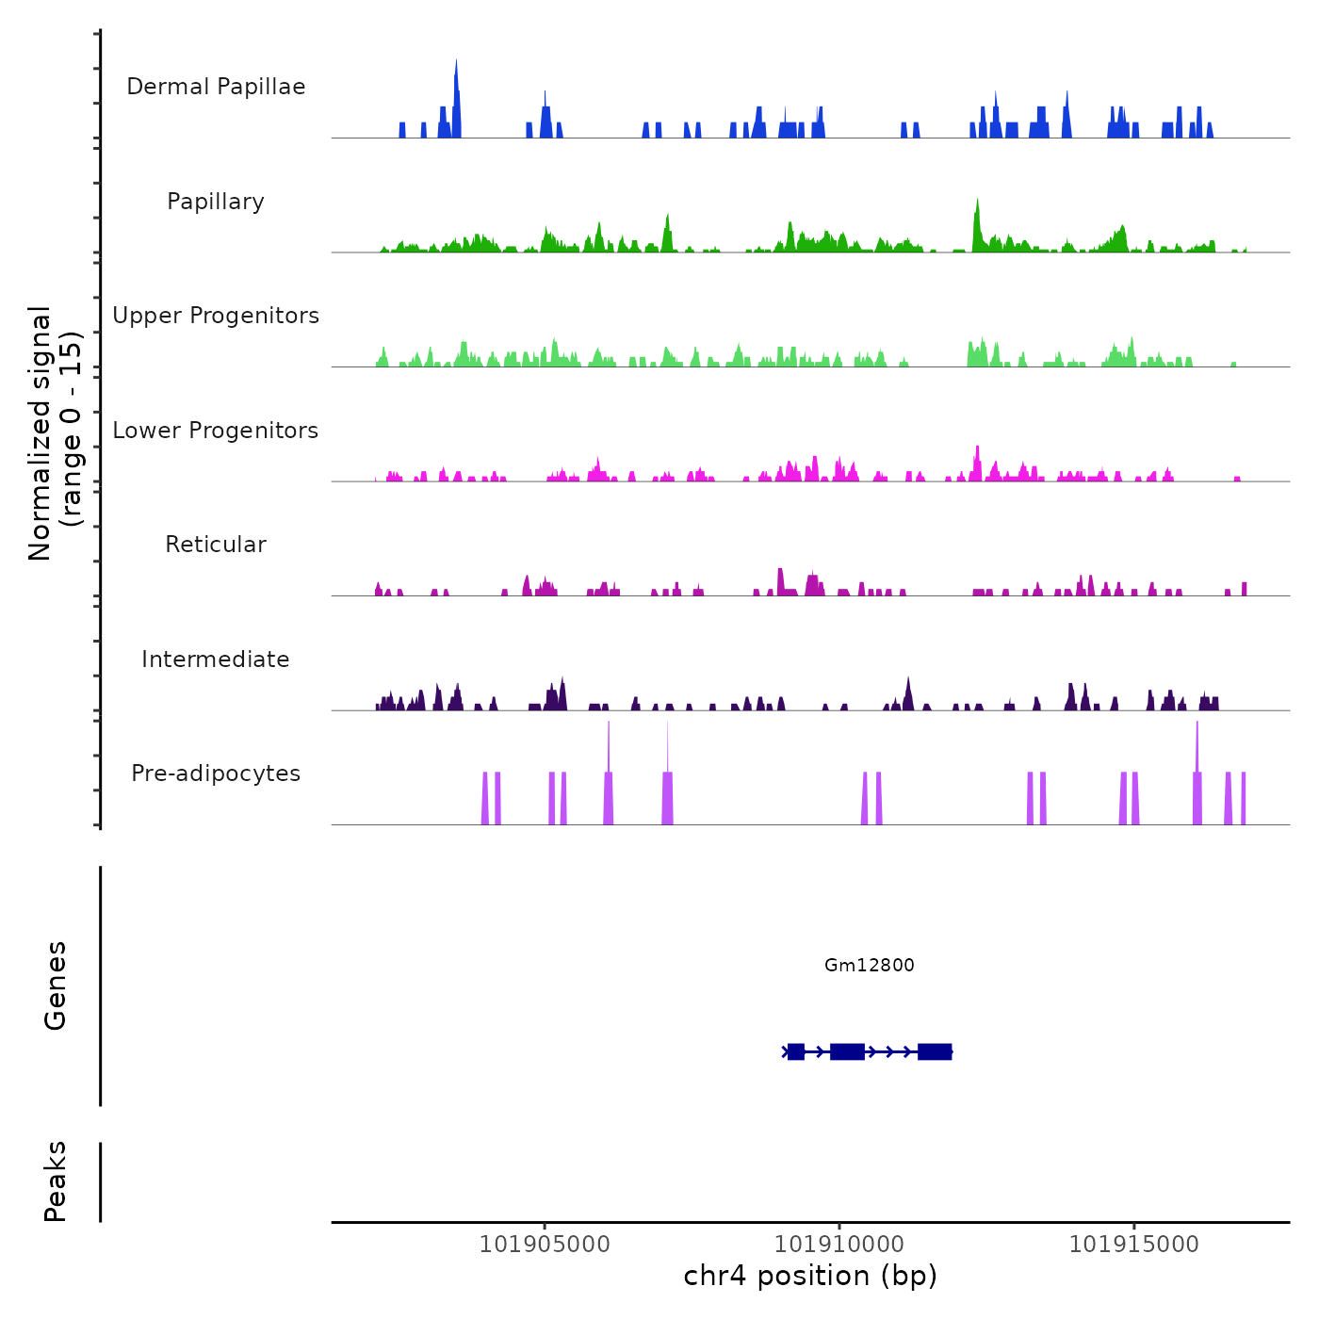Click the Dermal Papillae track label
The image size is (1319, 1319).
click(216, 87)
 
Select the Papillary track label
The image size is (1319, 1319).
click(216, 202)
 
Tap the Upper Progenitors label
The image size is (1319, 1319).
click(216, 316)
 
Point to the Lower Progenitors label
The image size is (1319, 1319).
click(216, 431)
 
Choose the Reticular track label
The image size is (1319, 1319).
click(216, 545)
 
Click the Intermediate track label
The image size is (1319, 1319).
click(216, 659)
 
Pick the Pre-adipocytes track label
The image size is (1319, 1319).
click(216, 773)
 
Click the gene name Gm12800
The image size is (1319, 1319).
click(869, 965)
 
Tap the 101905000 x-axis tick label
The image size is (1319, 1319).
click(545, 1245)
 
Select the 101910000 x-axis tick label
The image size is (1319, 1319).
click(839, 1245)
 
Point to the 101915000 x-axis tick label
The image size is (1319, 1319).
click(1134, 1245)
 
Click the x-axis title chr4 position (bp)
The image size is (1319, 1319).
click(810, 1276)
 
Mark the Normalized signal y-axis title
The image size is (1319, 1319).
click(55, 433)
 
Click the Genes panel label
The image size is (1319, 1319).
click(56, 985)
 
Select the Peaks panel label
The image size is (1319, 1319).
click(56, 1181)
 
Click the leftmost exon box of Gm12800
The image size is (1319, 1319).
click(796, 1051)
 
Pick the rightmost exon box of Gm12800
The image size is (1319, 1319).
click(935, 1051)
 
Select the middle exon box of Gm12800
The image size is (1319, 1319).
click(847, 1051)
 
